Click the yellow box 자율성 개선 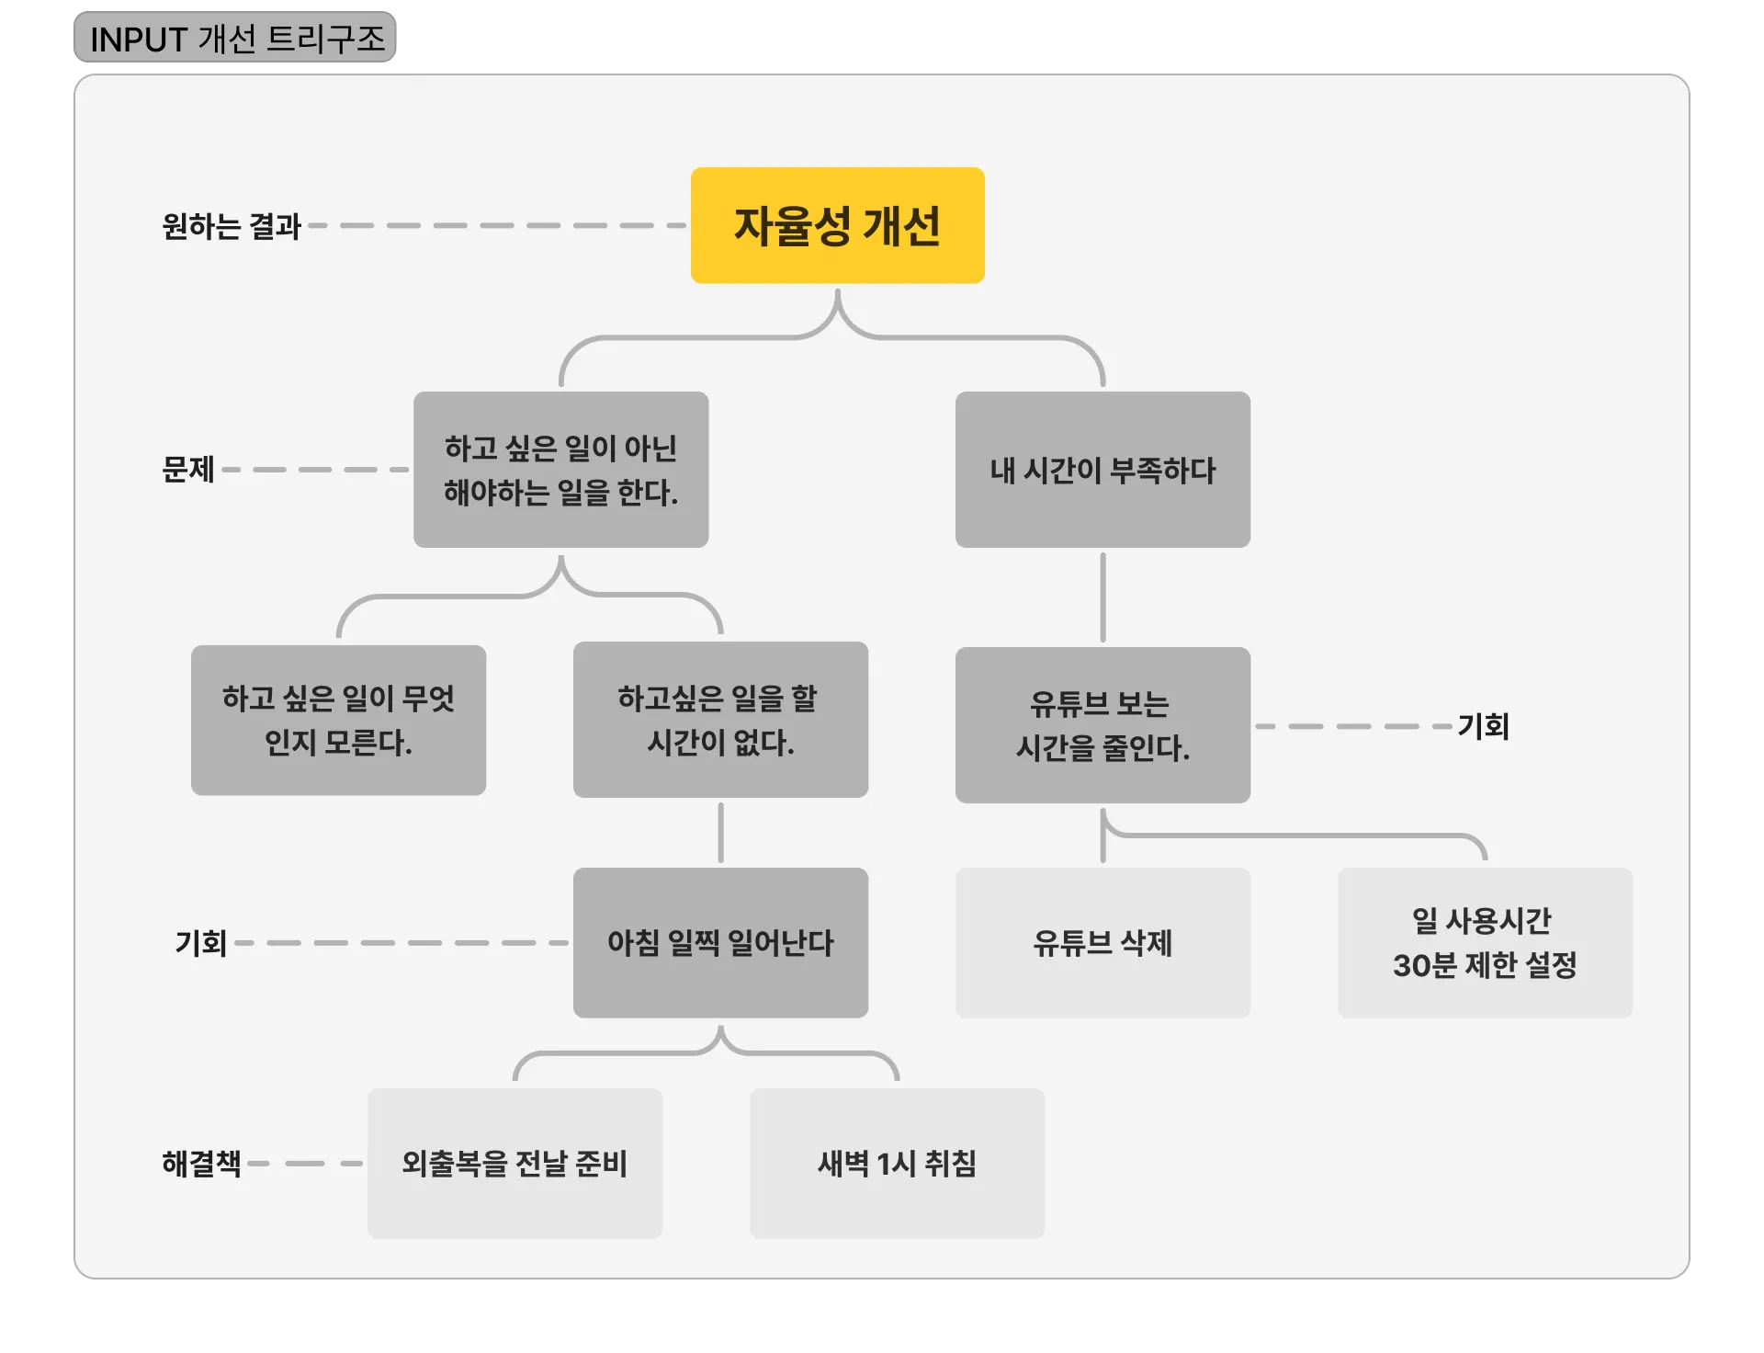click(837, 225)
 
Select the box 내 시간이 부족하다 click(1102, 470)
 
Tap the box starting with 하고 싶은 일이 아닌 click(560, 470)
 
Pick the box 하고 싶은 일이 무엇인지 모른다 click(338, 720)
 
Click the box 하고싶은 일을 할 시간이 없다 click(720, 720)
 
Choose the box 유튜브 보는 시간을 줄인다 click(1102, 725)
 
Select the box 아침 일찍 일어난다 click(720, 942)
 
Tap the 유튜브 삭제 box click(1102, 942)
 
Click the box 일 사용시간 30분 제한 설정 click(1485, 942)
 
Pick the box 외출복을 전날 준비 click(514, 1163)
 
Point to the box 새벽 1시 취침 click(897, 1163)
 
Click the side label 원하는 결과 click(232, 226)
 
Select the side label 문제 click(188, 470)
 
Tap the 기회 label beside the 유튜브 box click(1483, 726)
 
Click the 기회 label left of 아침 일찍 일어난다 click(201, 943)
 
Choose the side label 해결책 click(201, 1164)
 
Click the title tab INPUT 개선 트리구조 click(235, 38)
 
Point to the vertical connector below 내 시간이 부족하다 click(1102, 597)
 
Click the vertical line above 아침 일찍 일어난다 click(720, 833)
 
